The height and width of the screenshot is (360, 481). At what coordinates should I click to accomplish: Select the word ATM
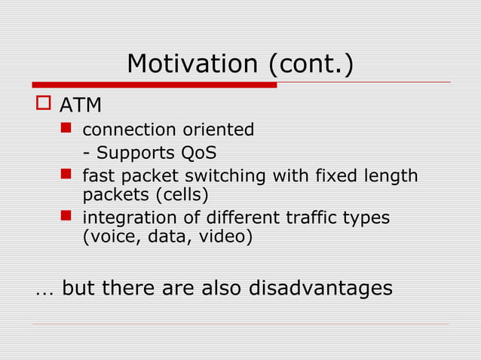[81, 105]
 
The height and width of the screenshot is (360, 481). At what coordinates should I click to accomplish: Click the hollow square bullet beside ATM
[42, 103]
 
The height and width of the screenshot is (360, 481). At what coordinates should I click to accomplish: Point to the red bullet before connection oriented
[66, 130]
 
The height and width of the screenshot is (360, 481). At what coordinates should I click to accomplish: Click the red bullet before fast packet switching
[66, 175]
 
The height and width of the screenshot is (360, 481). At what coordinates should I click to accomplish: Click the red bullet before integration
[66, 217]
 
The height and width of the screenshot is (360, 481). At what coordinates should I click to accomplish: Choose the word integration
[123, 218]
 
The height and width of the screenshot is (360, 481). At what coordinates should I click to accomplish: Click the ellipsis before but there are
[42, 291]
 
